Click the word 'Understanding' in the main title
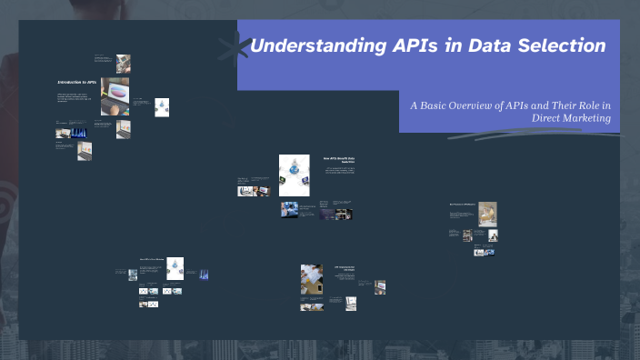pos(301,45)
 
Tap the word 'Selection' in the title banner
pos(563,45)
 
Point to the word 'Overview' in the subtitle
pos(482,105)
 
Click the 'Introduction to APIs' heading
pos(76,83)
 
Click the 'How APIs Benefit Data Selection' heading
pos(337,160)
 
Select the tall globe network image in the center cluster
pos(294,175)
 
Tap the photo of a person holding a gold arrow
pos(488,214)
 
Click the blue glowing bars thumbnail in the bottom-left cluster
pos(204,274)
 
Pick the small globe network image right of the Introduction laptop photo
pos(162,106)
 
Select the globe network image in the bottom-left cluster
pos(174,266)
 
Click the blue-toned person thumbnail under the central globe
pos(288,210)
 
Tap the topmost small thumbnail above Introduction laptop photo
pos(124,63)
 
